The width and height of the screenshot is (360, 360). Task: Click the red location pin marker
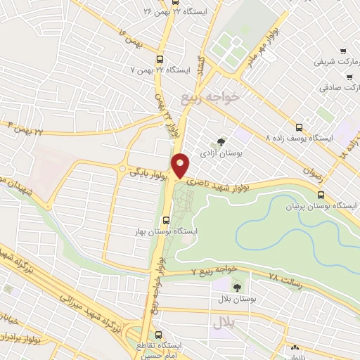pyautogui.click(x=181, y=165)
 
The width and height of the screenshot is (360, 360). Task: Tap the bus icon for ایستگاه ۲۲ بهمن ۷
pyautogui.click(x=160, y=60)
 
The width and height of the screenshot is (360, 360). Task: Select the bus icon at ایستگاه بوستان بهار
pyautogui.click(x=166, y=219)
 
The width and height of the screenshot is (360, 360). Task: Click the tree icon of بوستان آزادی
pyautogui.click(x=223, y=143)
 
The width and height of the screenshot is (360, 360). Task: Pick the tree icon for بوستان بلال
pyautogui.click(x=236, y=286)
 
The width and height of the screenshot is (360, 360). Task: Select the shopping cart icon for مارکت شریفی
pyautogui.click(x=342, y=51)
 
